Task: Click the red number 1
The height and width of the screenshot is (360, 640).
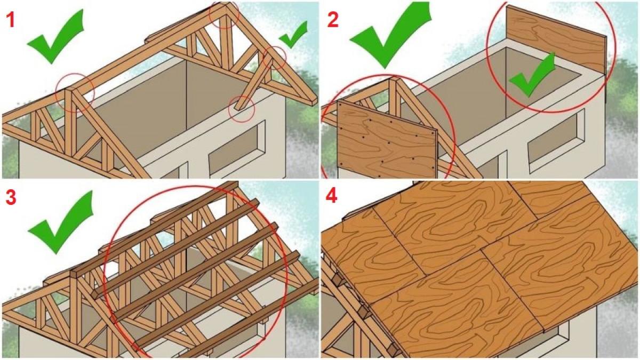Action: click(x=11, y=20)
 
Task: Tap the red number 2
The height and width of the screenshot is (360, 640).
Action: click(x=333, y=20)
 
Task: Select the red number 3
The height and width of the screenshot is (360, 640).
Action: click(x=11, y=198)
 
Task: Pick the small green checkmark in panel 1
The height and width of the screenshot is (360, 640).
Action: click(x=292, y=35)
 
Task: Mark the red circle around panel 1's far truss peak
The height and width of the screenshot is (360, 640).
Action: click(x=225, y=28)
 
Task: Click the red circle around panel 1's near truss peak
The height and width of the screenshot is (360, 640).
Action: click(x=57, y=94)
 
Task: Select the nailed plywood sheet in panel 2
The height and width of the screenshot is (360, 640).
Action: click(x=387, y=139)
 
